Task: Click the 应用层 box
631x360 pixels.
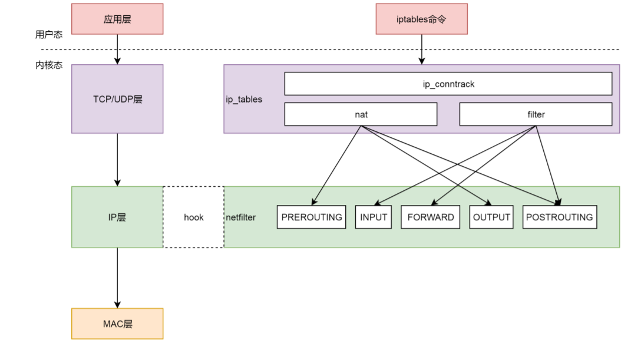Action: point(117,19)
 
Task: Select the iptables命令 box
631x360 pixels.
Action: point(421,19)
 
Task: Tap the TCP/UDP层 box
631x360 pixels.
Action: point(117,99)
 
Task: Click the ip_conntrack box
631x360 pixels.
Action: point(448,84)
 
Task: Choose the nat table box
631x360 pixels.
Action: point(361,114)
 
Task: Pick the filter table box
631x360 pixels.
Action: point(536,114)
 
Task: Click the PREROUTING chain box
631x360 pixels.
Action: point(311,217)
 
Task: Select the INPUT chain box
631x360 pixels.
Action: point(374,217)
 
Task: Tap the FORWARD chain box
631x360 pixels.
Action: point(431,217)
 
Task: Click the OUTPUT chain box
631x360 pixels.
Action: point(491,217)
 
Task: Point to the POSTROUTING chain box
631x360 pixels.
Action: point(559,217)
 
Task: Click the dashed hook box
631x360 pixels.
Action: point(193,217)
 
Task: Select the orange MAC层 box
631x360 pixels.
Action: point(117,323)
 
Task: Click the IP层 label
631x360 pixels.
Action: point(117,217)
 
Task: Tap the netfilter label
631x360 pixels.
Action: point(241,217)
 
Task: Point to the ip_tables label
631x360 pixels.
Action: point(244,99)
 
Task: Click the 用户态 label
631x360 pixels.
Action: point(49,35)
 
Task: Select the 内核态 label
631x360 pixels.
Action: point(49,65)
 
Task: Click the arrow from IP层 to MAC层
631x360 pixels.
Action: point(117,277)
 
